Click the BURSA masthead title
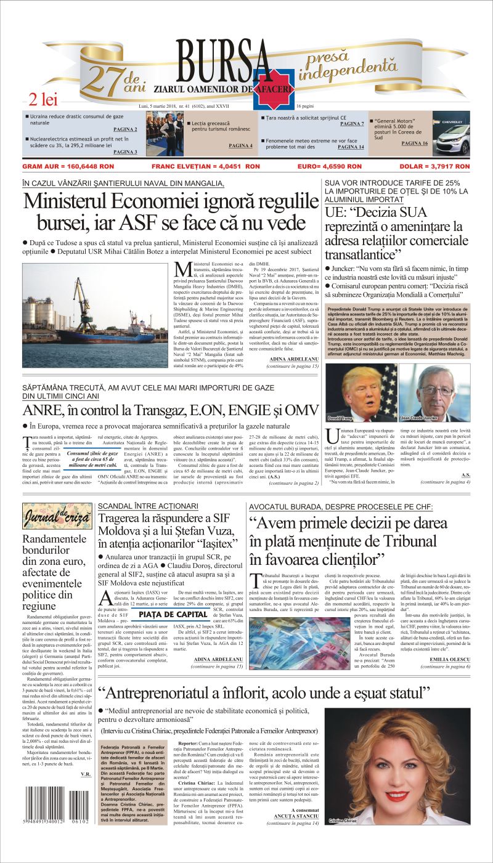point(224,61)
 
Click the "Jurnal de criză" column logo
point(57,517)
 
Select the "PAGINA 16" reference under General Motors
point(414,143)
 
